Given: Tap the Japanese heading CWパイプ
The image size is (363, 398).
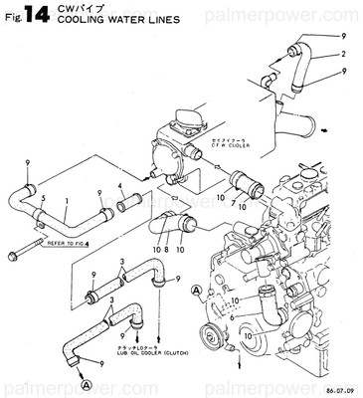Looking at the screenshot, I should [75, 7].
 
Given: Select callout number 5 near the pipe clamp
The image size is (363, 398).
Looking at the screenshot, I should [44, 199].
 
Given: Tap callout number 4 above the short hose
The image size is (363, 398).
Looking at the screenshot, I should [121, 186].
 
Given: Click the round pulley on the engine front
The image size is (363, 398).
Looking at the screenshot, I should [211, 334].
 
